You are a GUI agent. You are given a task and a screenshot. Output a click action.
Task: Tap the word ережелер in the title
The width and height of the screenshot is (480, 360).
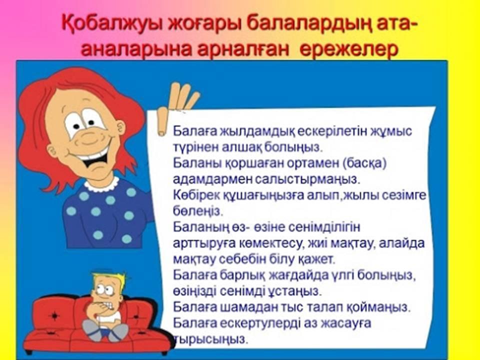pyautogui.click(x=348, y=49)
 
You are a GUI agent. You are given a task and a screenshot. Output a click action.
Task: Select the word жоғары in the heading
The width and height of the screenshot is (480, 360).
pyautogui.click(x=204, y=24)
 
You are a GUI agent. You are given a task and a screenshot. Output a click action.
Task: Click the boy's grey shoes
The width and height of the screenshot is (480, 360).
pyautogui.click(x=104, y=330)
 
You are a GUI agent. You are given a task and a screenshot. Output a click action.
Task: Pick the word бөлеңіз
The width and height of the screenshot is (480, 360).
pyautogui.click(x=196, y=211)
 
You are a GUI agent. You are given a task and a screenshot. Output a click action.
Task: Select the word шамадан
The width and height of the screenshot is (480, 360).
pyautogui.click(x=248, y=307)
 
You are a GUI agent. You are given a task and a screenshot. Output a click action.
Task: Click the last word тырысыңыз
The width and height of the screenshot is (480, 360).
pyautogui.click(x=210, y=339)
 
